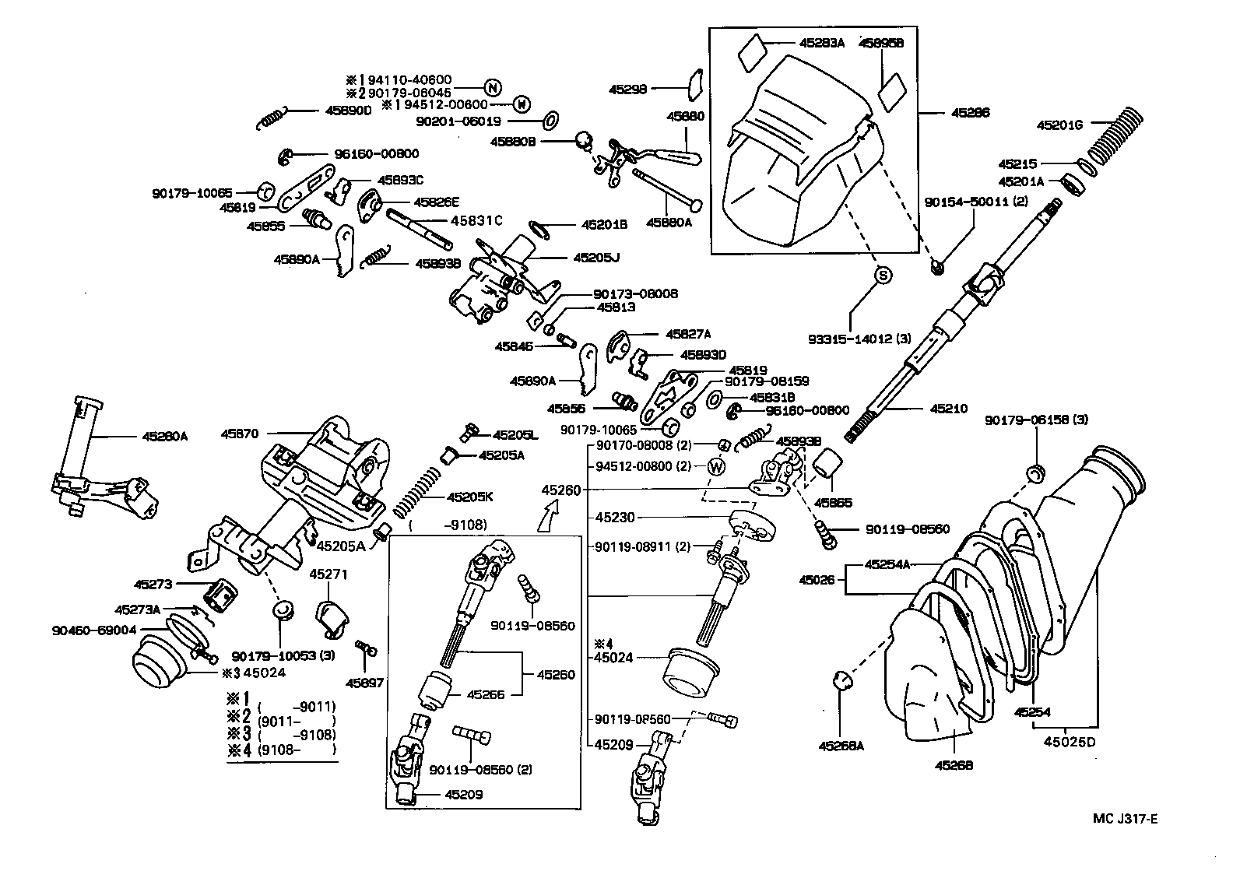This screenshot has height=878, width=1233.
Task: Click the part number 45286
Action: [x=970, y=113]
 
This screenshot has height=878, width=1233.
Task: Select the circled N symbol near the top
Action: [x=493, y=87]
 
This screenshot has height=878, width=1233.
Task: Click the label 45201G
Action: [x=1061, y=125]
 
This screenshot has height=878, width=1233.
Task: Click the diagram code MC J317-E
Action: [x=1125, y=818]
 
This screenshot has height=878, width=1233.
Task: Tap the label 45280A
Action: [x=165, y=437]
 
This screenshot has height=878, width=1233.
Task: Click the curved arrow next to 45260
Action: [x=549, y=515]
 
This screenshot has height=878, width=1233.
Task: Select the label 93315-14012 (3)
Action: [x=860, y=339]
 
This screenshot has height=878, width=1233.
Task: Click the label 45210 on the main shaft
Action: [x=948, y=408]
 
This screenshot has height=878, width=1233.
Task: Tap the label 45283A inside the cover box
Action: [x=821, y=44]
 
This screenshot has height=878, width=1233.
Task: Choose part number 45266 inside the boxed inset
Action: [x=485, y=694]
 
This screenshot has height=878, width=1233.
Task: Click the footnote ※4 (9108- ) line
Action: [x=281, y=750]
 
